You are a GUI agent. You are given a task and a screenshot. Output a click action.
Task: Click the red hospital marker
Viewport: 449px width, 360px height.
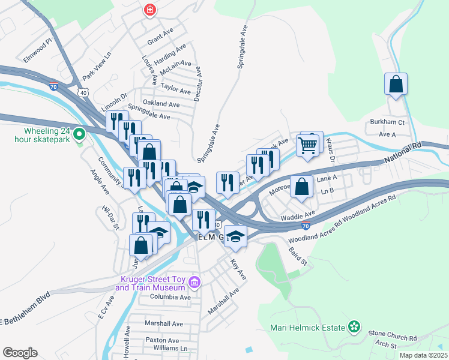pyautogui.click(x=149, y=10)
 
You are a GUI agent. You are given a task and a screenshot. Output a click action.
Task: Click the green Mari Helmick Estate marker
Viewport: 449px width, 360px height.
pyautogui.click(x=355, y=327)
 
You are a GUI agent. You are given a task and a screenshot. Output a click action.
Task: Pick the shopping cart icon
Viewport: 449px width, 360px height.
pyautogui.click(x=307, y=145)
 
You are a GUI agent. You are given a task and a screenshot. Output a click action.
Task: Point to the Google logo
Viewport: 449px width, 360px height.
pyautogui.click(x=20, y=353)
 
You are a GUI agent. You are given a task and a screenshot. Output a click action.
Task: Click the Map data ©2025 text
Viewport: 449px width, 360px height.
pyautogui.click(x=423, y=355)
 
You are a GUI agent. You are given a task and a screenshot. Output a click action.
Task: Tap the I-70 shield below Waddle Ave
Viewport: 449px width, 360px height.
pyautogui.click(x=306, y=226)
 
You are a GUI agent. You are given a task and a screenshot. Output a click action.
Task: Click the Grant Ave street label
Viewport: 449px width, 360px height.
pyautogui.click(x=160, y=43)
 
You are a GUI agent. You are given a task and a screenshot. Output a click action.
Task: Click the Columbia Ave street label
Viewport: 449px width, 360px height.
pyautogui.click(x=170, y=297)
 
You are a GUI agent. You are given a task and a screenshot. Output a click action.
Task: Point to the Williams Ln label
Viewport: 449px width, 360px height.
pyautogui.click(x=170, y=348)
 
